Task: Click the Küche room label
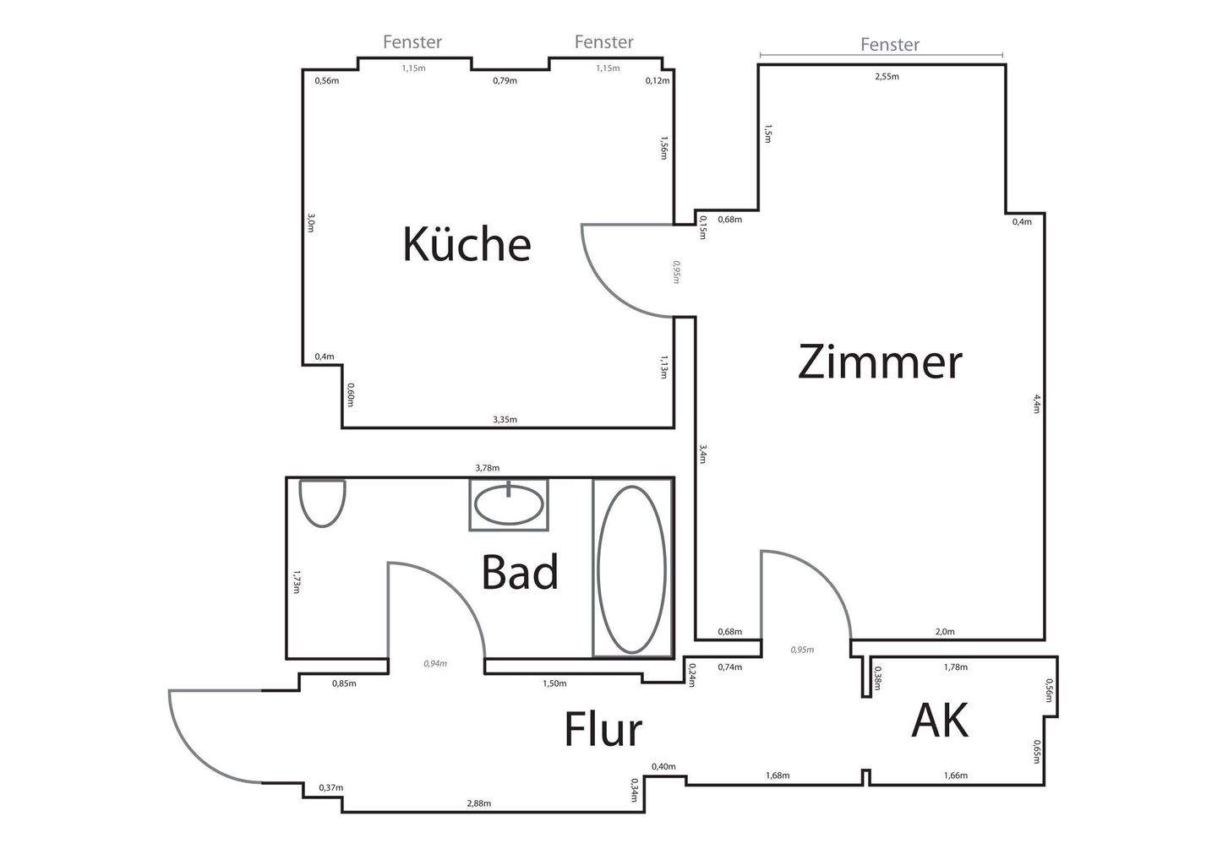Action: point(467,244)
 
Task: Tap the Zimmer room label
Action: point(880,362)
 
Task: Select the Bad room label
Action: point(520,573)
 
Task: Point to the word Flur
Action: point(603,730)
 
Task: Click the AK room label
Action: point(940,721)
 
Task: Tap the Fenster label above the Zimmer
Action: point(889,45)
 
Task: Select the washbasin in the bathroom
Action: point(509,505)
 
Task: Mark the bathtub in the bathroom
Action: point(631,568)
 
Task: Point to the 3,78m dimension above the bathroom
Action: point(487,468)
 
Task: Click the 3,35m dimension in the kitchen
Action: point(505,419)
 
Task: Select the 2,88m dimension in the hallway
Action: point(478,803)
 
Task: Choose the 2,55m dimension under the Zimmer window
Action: point(887,76)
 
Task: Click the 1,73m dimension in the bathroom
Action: point(296,582)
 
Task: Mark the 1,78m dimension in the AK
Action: point(955,667)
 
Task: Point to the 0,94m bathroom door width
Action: point(435,664)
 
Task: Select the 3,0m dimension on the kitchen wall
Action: point(311,222)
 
